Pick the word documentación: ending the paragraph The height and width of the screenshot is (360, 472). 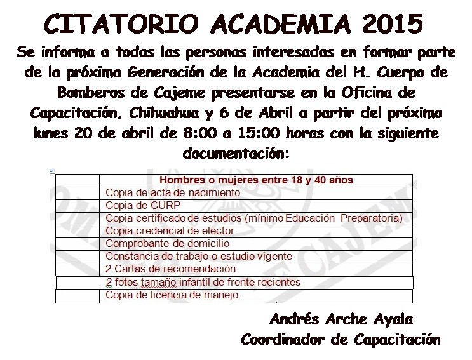tap(236, 154)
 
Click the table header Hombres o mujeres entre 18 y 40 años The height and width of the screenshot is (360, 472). tap(256, 180)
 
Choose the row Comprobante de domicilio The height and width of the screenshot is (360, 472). tap(167, 243)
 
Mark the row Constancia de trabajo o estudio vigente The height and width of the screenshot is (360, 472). tap(198, 256)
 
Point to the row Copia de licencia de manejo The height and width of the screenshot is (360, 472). tap(173, 295)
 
